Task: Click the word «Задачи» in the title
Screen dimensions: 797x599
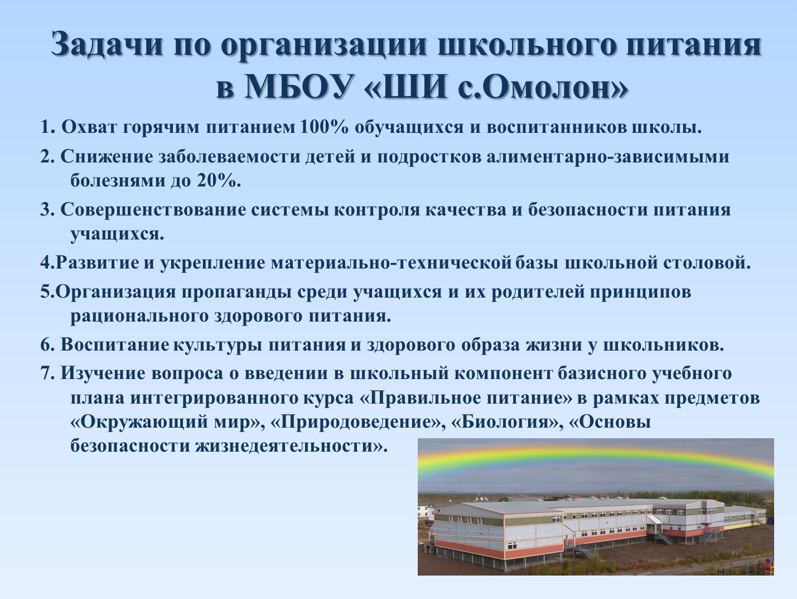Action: point(107,44)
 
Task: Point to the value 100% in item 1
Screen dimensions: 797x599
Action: point(325,127)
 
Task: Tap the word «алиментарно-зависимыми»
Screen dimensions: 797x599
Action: point(607,157)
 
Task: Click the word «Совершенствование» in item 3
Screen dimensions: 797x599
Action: point(153,210)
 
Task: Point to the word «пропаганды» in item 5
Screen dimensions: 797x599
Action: point(236,293)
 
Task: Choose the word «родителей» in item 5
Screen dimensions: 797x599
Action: point(538,293)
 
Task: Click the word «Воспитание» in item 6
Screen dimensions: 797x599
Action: point(115,344)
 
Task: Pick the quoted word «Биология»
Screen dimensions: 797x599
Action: point(504,421)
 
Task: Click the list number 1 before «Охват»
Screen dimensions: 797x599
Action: point(45,127)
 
